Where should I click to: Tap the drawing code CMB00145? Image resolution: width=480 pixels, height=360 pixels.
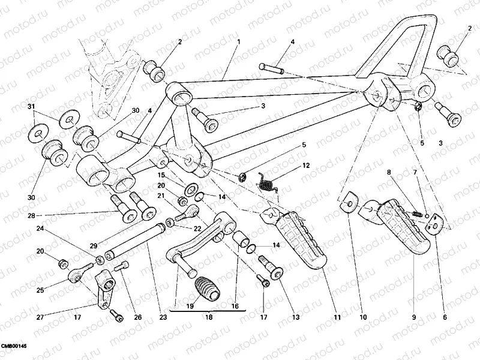click(x=14, y=347)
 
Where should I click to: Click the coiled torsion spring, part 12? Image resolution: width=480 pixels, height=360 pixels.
click(x=267, y=180)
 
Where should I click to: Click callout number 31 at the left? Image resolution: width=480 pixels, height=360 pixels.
click(x=32, y=107)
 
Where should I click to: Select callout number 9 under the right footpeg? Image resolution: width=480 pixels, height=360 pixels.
click(x=413, y=317)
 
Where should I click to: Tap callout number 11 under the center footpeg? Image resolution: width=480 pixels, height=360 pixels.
click(x=337, y=317)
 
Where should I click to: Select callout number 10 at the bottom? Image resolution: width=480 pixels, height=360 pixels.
click(x=362, y=317)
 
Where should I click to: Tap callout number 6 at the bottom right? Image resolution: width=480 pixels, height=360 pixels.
click(x=445, y=317)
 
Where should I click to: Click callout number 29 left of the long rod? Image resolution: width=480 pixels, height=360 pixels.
click(x=93, y=247)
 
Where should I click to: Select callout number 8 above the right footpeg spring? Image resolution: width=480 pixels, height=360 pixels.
click(x=389, y=173)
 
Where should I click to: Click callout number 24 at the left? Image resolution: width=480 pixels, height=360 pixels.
click(x=40, y=229)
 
